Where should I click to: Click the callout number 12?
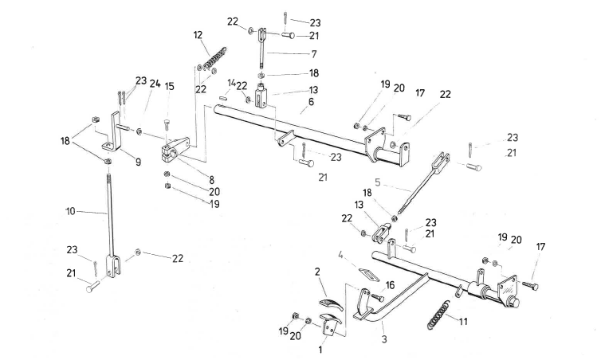click(x=198, y=35)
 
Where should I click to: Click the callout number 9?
click(x=137, y=162)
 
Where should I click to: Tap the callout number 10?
click(x=70, y=212)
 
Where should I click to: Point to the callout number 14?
click(x=230, y=83)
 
